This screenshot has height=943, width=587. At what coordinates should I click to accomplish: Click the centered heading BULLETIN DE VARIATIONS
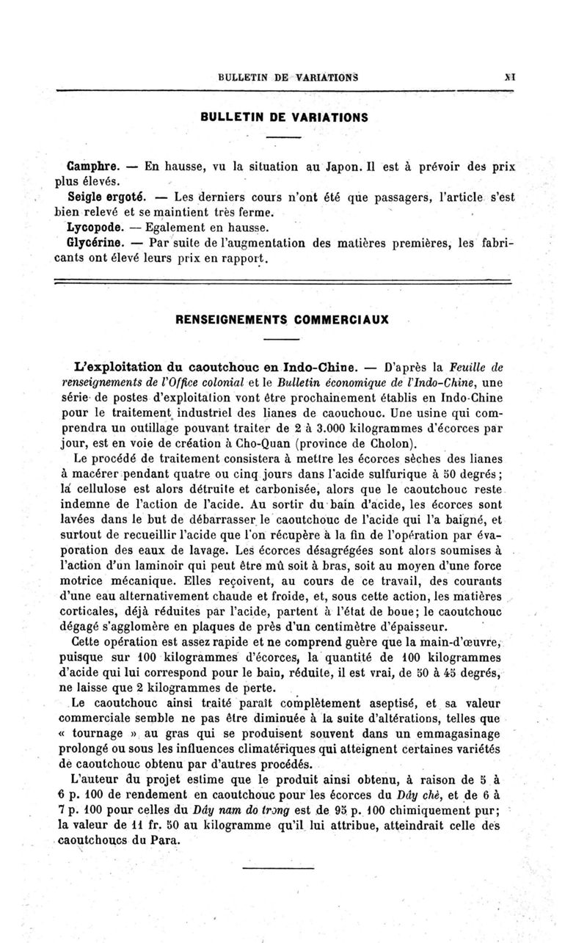[283, 117]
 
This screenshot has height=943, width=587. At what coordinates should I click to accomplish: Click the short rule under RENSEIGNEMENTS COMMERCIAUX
[282, 339]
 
